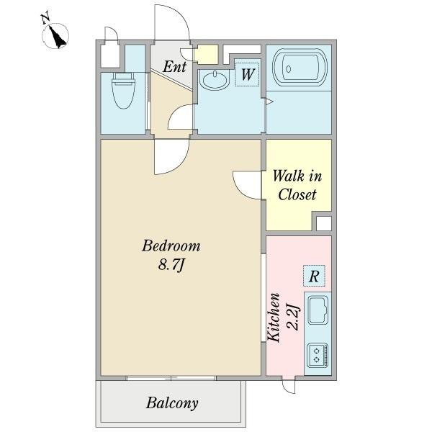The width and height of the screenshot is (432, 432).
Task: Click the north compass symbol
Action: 55,34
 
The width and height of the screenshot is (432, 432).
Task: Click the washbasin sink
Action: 215,79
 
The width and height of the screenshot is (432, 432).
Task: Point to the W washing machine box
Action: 247,74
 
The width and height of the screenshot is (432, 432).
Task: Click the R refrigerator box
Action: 314,276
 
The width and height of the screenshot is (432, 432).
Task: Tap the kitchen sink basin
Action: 318,310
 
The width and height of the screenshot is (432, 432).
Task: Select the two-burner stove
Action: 318,355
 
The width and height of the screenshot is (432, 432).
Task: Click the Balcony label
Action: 172,403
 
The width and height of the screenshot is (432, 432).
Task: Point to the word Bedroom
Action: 171,246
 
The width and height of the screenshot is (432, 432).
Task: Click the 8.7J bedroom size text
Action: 171,265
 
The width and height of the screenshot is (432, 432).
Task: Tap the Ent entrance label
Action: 174,67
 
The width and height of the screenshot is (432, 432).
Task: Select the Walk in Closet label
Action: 297,185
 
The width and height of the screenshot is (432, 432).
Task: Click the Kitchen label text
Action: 274,318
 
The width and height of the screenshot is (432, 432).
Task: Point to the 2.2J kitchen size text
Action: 292,317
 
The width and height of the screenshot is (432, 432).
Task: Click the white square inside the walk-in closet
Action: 323,223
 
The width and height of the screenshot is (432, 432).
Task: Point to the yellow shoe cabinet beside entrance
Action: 207,54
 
